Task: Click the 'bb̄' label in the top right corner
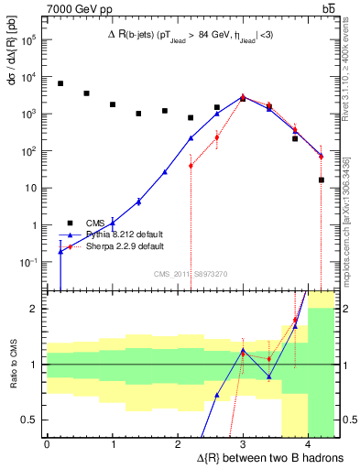tap(328, 8)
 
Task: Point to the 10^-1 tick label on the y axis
tap(29, 262)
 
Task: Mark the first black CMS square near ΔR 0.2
tap(60, 83)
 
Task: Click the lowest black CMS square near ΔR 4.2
tap(322, 180)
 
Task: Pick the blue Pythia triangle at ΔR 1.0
tap(113, 223)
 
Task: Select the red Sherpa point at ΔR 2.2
tap(191, 166)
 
